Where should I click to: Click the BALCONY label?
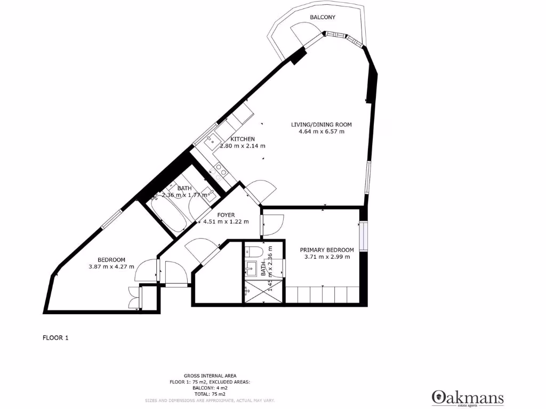pyautogui.click(x=323, y=17)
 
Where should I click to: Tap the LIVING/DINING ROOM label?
pyautogui.click(x=321, y=125)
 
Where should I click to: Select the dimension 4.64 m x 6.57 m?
pyautogui.click(x=321, y=132)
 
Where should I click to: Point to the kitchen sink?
pyautogui.click(x=211, y=141)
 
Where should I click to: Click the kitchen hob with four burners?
pyautogui.click(x=220, y=169)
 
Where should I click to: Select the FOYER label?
pyautogui.click(x=226, y=215)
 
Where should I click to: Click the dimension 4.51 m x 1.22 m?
pyautogui.click(x=226, y=222)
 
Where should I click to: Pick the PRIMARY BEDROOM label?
pyautogui.click(x=326, y=250)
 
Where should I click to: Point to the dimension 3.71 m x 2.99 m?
pyautogui.click(x=326, y=257)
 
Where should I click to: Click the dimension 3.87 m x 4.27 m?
pyautogui.click(x=111, y=267)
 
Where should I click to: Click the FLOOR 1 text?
pyautogui.click(x=55, y=338)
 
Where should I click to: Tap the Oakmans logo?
pyautogui.click(x=467, y=397)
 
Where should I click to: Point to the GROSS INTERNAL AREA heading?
pyautogui.click(x=210, y=375)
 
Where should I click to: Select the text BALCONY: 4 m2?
pyautogui.click(x=210, y=388)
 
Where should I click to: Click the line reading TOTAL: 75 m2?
pyautogui.click(x=210, y=394)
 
